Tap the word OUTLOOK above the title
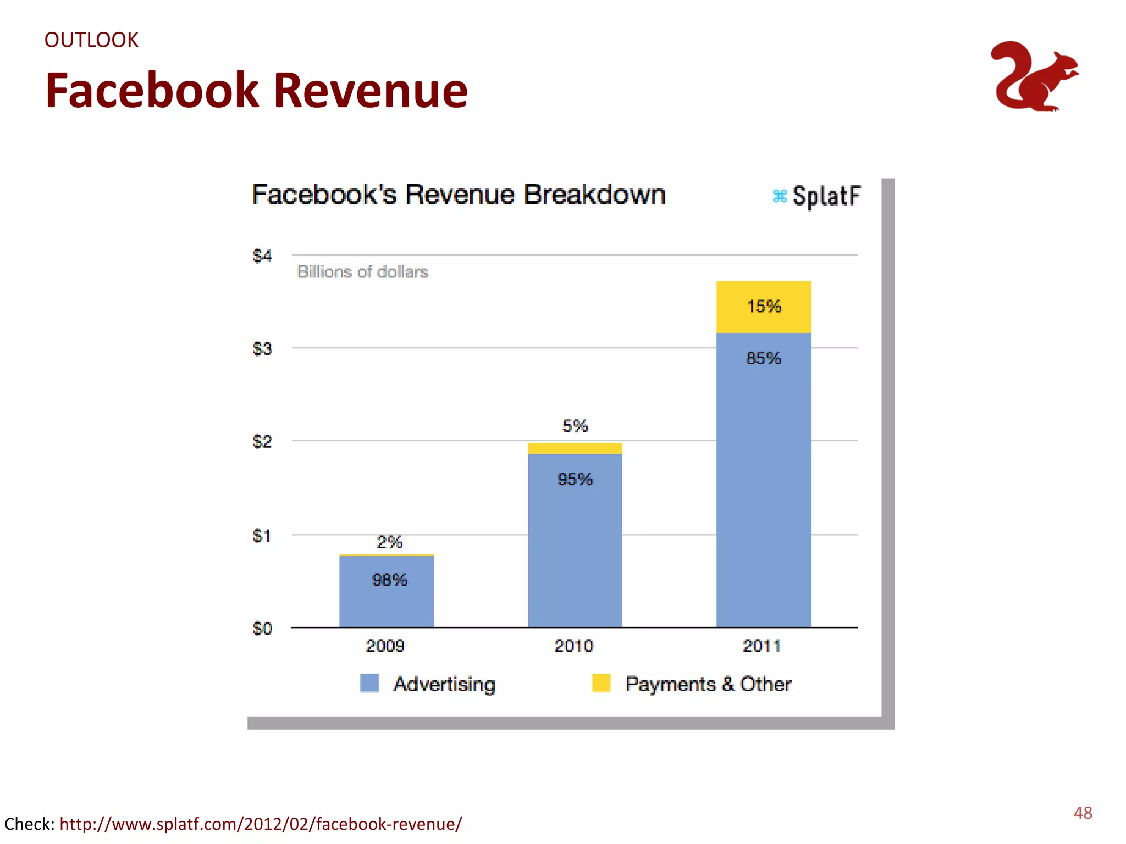91,40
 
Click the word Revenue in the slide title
370,91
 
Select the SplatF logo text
825,196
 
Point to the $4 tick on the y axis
262,256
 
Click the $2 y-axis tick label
262,441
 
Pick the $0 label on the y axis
262,628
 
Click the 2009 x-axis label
385,646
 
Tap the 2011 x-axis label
761,646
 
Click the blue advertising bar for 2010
575,549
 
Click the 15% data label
764,307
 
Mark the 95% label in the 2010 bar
575,479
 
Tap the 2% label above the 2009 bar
389,542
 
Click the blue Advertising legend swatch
369,683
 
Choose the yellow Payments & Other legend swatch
601,683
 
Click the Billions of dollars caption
362,272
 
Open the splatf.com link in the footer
261,824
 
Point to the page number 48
1083,813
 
